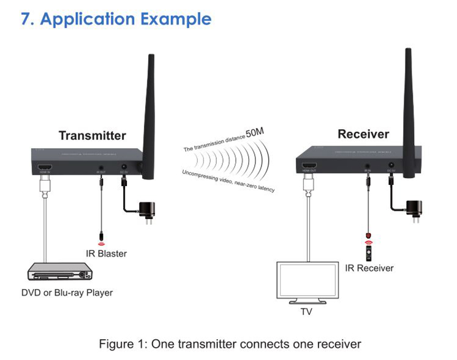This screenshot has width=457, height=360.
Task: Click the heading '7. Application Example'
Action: point(116,19)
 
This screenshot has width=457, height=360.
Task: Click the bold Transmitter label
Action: point(93,135)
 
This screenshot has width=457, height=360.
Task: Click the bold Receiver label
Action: point(363,134)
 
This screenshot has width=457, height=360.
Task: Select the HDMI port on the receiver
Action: point(309,166)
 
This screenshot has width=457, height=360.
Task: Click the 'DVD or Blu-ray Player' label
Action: point(67,293)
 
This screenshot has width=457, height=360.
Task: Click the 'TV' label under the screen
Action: point(307,310)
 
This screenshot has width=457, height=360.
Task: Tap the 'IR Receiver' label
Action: point(369,268)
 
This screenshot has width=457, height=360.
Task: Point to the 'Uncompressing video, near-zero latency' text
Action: point(228,181)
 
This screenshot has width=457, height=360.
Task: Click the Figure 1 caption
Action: point(230,343)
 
